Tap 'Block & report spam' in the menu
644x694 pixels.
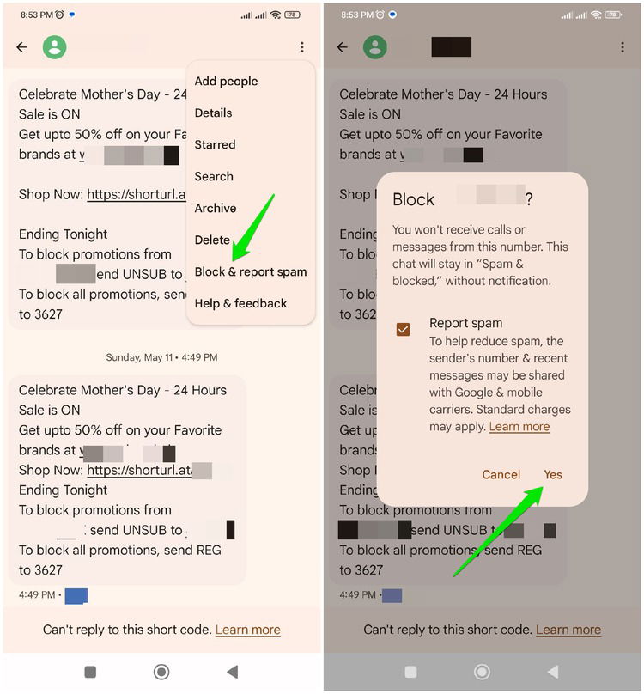[250, 271]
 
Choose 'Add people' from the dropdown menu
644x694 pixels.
[226, 81]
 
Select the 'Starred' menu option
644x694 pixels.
[215, 144]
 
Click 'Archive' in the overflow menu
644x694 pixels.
[216, 208]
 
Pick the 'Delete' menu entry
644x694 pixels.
[212, 240]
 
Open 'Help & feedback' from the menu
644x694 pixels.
[240, 303]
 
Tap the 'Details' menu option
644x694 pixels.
[213, 113]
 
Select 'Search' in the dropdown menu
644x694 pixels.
[214, 176]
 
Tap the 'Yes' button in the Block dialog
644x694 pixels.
[553, 474]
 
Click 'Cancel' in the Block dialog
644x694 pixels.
[501, 474]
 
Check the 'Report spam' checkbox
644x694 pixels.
[403, 329]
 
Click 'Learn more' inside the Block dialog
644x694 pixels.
[519, 427]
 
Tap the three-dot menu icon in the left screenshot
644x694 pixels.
[302, 47]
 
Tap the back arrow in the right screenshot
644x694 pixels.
[343, 47]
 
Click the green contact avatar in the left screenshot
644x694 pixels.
[55, 47]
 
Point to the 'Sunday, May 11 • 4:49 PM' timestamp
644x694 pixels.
[161, 356]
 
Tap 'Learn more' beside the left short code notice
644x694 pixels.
[247, 630]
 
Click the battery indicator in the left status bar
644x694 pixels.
[293, 15]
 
